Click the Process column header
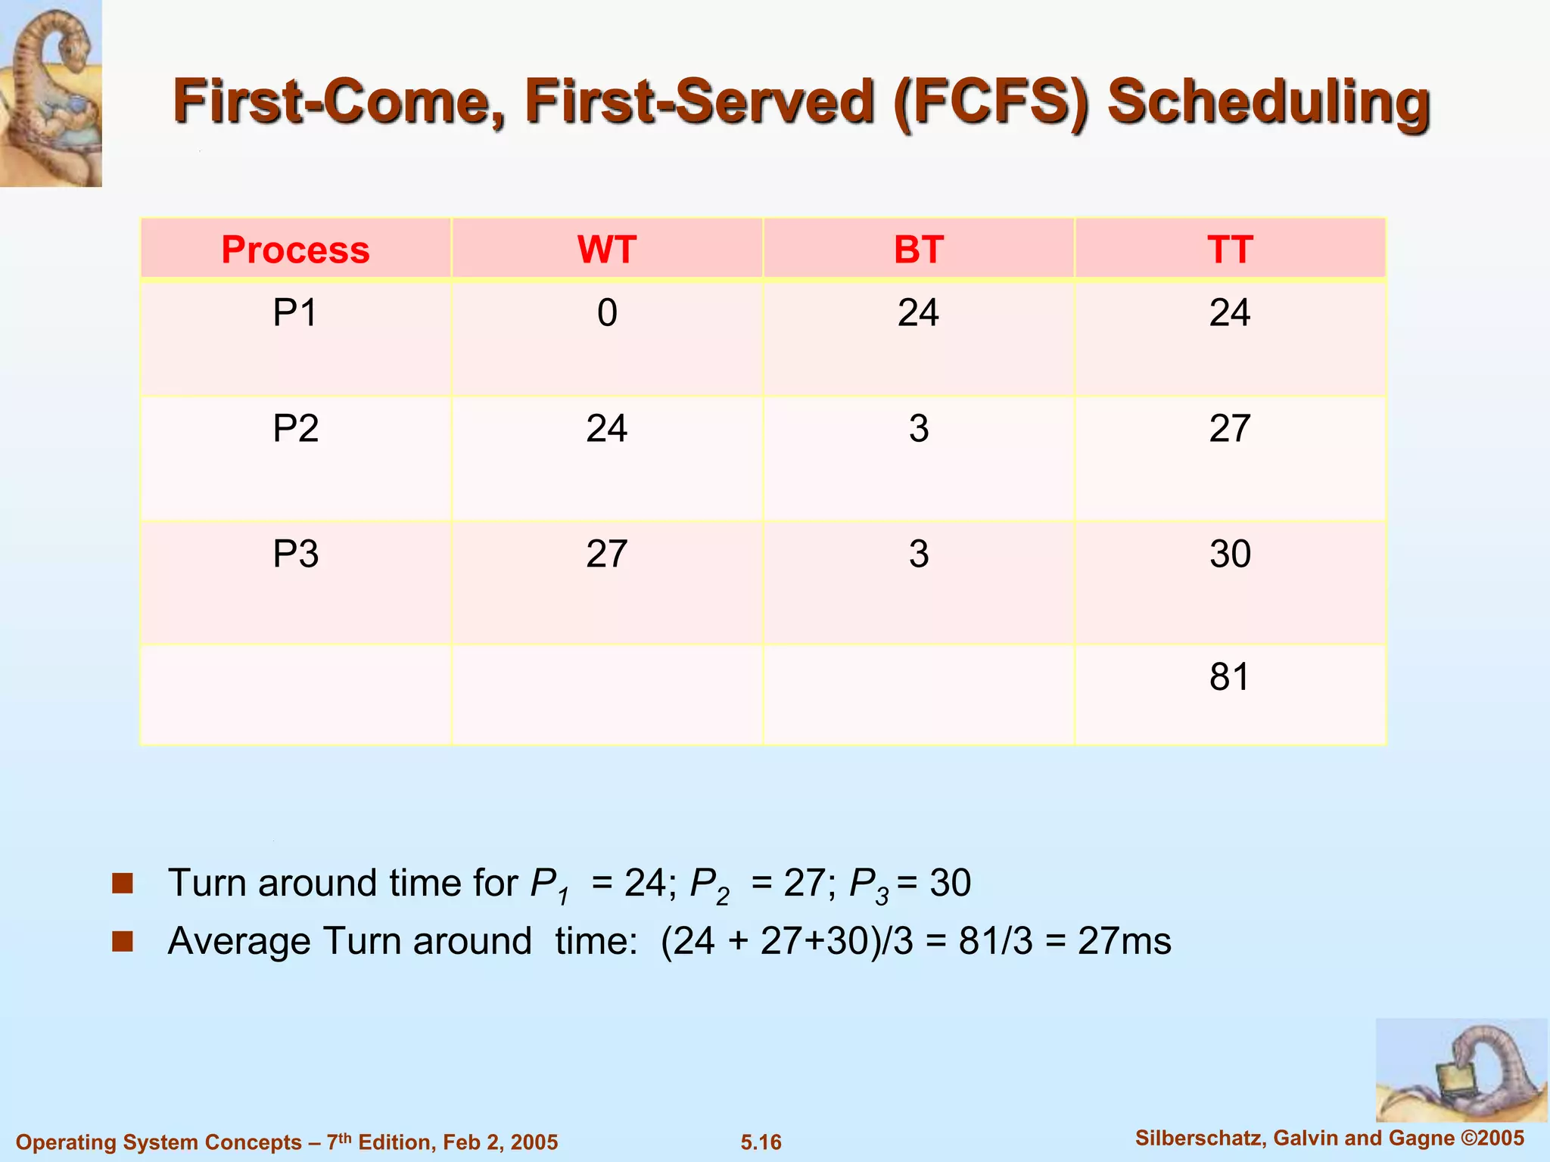click(x=295, y=250)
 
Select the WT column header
click(x=606, y=250)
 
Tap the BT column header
click(x=918, y=250)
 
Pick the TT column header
click(x=1230, y=250)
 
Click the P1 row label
click(x=295, y=312)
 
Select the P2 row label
click(x=295, y=429)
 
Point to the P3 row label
click(x=295, y=554)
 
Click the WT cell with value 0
click(x=606, y=312)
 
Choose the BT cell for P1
click(x=918, y=312)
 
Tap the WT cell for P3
click(x=606, y=554)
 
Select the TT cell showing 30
click(x=1230, y=554)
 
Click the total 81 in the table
click(x=1229, y=676)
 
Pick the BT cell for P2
click(x=918, y=429)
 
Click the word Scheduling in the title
click(x=1268, y=102)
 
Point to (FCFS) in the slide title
click(x=991, y=102)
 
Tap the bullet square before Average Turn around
click(x=122, y=941)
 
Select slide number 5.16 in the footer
click(x=761, y=1142)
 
